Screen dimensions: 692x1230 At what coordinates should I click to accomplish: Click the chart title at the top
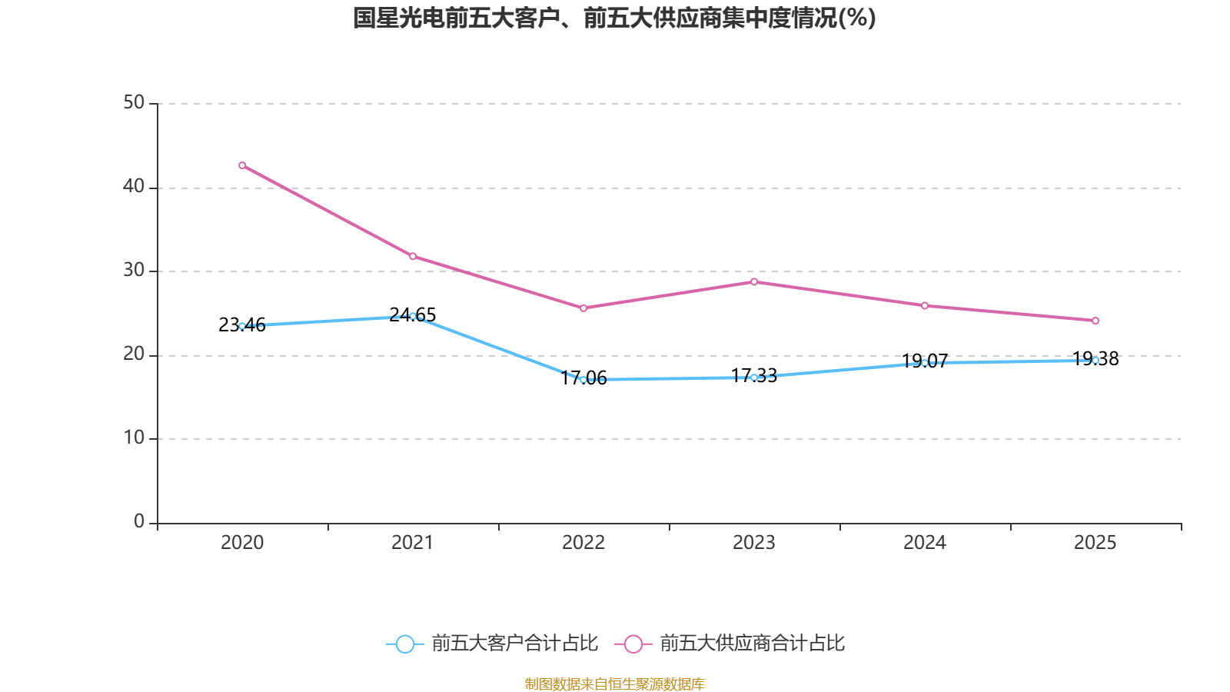tap(614, 18)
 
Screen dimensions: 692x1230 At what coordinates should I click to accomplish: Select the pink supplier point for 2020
tap(242, 165)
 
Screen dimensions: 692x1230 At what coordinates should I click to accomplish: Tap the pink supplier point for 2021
tap(413, 256)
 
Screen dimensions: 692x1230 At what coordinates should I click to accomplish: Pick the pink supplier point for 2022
tap(583, 308)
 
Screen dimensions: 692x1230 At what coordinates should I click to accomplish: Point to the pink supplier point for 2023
tap(754, 281)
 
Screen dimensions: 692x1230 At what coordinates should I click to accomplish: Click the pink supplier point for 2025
tap(1095, 321)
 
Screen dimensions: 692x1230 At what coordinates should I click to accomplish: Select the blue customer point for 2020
tap(242, 326)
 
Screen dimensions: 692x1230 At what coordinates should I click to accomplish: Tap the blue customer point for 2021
tap(413, 316)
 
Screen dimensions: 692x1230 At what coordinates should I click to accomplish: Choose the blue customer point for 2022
tap(583, 380)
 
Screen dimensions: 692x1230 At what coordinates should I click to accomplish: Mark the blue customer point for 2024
tap(925, 363)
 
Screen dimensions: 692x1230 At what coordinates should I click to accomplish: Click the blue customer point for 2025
tap(1095, 360)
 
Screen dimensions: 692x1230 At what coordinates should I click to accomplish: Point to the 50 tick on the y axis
tap(134, 102)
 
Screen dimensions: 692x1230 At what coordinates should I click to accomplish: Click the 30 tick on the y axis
tap(134, 270)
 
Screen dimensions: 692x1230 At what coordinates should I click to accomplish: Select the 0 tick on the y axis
tap(139, 521)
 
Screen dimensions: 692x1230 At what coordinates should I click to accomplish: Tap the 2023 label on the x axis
tap(754, 543)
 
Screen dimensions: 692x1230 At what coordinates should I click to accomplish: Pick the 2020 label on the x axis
tap(242, 543)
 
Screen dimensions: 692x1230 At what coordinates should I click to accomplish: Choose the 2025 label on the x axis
tap(1095, 543)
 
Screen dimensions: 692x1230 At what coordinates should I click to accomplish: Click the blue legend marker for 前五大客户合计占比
tap(404, 644)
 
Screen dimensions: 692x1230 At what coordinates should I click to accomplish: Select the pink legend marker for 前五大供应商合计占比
tap(633, 644)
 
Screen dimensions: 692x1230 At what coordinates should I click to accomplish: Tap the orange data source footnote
tap(614, 684)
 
